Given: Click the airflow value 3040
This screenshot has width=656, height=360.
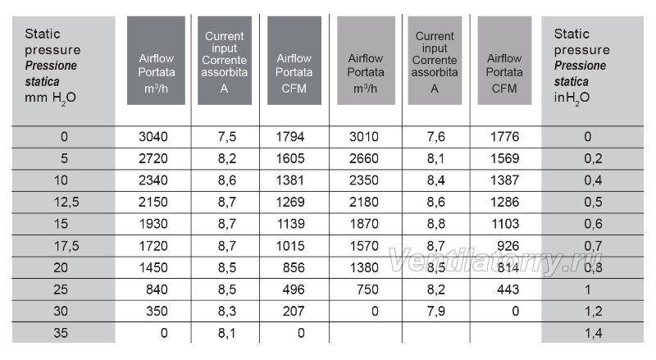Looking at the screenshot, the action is (x=153, y=137).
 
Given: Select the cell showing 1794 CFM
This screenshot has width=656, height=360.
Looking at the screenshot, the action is (x=290, y=137).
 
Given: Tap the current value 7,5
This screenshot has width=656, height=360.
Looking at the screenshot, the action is (x=227, y=137).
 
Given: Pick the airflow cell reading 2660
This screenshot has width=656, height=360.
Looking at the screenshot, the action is (x=364, y=158).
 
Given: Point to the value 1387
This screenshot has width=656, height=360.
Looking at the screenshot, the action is (x=504, y=180).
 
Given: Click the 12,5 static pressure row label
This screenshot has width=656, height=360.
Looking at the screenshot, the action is (x=66, y=203).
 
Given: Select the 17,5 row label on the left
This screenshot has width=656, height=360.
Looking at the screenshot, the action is (x=66, y=246).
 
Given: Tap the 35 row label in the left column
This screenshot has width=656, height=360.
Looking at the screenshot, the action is (x=61, y=333).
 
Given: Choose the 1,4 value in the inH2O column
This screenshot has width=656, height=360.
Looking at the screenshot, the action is (x=593, y=333).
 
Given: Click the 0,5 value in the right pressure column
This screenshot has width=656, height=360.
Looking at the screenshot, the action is (x=593, y=203).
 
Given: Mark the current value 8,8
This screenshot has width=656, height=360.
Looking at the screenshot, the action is (x=436, y=224).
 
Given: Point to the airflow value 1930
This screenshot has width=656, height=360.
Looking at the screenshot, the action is (x=153, y=224).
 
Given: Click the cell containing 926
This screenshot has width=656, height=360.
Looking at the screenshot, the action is (x=508, y=246).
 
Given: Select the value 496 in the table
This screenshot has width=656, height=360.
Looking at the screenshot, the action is (x=294, y=289).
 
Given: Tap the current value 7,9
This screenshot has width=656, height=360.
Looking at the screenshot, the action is (x=436, y=312).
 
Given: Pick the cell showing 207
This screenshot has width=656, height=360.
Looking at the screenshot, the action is (x=294, y=311).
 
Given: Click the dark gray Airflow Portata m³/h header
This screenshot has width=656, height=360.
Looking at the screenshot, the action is (x=156, y=61).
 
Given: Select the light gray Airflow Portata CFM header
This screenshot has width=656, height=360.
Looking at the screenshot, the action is (x=504, y=61).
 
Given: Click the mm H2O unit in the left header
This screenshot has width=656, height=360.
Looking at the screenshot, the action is (x=50, y=98).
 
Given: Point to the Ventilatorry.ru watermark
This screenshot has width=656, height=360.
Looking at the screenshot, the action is (x=496, y=262).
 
